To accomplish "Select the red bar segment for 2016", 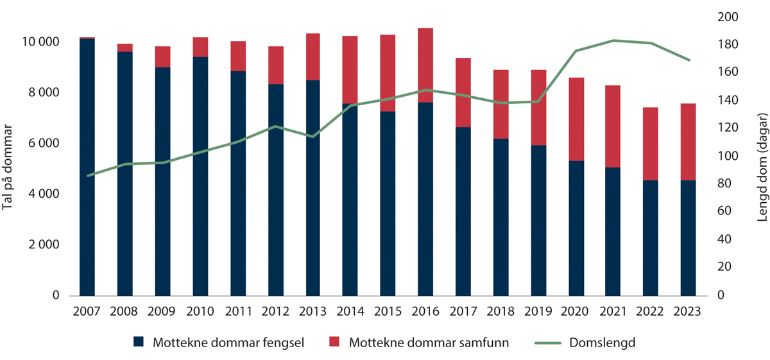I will point(425,65).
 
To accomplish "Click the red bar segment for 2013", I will point(312,56).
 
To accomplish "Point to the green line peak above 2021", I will point(614,40).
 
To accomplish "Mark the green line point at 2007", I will point(87,175).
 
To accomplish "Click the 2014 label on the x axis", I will point(350,311).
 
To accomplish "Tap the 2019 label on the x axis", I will point(538,311).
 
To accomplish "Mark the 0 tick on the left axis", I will point(55,296).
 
